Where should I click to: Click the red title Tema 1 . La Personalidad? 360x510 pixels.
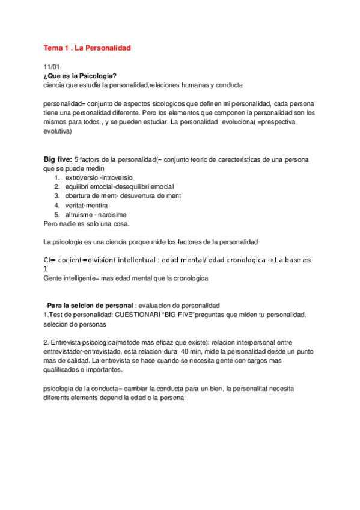click(87, 47)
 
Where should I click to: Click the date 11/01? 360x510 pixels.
click(52, 67)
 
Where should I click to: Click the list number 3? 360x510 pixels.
click(56, 196)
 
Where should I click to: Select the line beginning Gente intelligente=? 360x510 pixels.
click(121, 278)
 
